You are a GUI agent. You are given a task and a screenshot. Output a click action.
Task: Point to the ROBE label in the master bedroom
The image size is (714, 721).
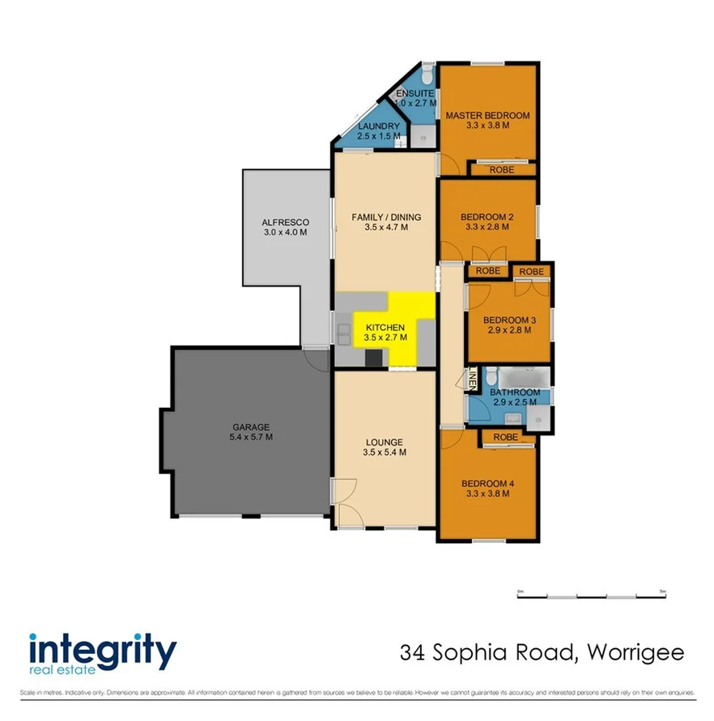click(x=501, y=170)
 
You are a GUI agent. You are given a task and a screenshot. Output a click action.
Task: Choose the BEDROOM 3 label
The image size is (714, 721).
click(x=510, y=320)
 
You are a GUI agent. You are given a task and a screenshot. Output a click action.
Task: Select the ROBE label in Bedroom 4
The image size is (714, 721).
click(x=507, y=438)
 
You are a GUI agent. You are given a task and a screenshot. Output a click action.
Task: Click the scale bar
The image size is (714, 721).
click(x=590, y=596)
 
